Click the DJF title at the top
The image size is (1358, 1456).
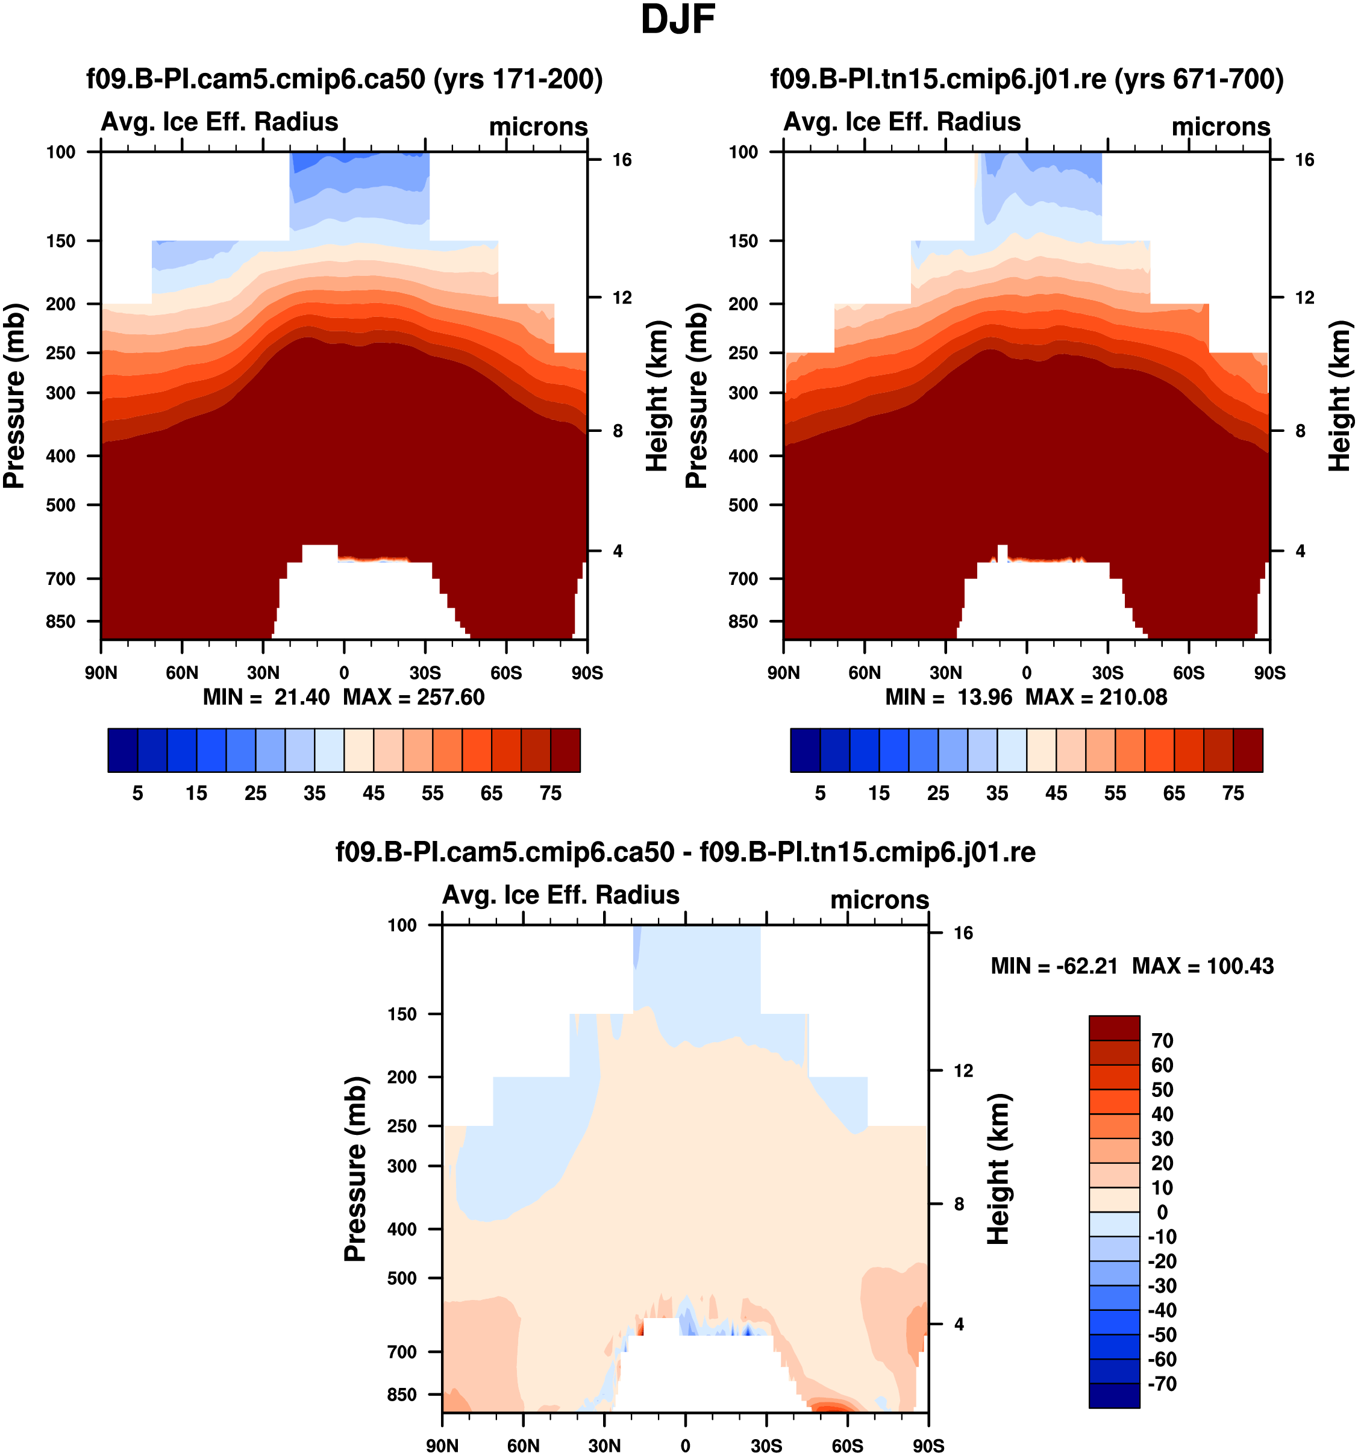(x=678, y=20)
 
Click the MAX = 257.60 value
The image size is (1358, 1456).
(x=414, y=697)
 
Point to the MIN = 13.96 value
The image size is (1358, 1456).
(x=948, y=697)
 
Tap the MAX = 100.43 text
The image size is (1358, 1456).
(x=1203, y=967)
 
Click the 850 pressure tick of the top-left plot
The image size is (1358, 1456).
(x=61, y=622)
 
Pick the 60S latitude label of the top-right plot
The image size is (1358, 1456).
(x=1188, y=673)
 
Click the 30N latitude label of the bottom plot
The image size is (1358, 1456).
(x=604, y=1446)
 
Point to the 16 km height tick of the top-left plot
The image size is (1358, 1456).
(x=622, y=160)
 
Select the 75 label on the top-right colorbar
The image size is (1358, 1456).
(x=1233, y=794)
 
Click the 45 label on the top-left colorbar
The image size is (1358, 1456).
(x=374, y=794)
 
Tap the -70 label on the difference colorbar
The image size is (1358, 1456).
(x=1162, y=1384)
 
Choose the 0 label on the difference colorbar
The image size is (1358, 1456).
(x=1162, y=1213)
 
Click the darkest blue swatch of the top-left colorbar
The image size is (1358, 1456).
(x=122, y=750)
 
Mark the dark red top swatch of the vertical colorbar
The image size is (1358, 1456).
(x=1113, y=1028)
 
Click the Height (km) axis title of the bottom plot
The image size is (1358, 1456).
(x=998, y=1170)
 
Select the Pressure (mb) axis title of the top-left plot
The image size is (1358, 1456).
(x=14, y=396)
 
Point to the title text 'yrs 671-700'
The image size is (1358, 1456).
(x=1198, y=79)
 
